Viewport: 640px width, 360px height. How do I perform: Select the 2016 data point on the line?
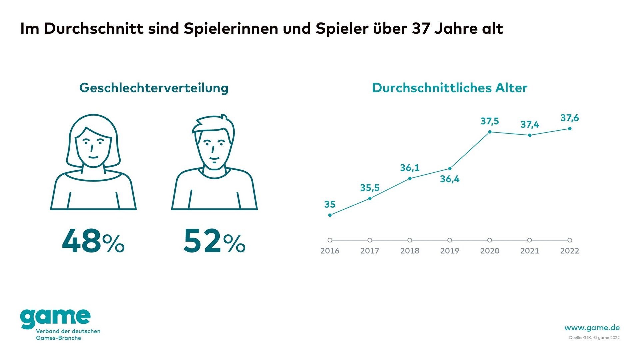pyautogui.click(x=330, y=215)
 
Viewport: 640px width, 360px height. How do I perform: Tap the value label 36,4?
pyautogui.click(x=450, y=179)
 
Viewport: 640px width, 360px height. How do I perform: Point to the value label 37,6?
pyautogui.click(x=570, y=118)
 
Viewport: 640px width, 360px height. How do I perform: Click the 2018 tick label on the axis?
pyautogui.click(x=410, y=251)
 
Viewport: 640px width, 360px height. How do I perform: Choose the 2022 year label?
pyautogui.click(x=570, y=251)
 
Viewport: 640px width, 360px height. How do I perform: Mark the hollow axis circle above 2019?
pyautogui.click(x=450, y=240)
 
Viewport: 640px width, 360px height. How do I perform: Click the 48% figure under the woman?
pyautogui.click(x=93, y=241)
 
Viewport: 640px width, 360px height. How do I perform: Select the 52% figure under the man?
pyautogui.click(x=214, y=241)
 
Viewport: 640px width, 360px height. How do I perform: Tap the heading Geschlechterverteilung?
pyautogui.click(x=154, y=88)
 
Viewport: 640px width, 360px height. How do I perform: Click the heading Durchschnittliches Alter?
pyautogui.click(x=450, y=88)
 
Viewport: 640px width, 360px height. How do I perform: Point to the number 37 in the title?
pyautogui.click(x=421, y=29)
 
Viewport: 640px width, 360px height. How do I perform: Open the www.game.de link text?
pyautogui.click(x=592, y=328)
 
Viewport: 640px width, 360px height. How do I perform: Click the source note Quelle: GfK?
pyautogui.click(x=580, y=338)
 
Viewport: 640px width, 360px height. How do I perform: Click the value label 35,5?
pyautogui.click(x=370, y=188)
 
